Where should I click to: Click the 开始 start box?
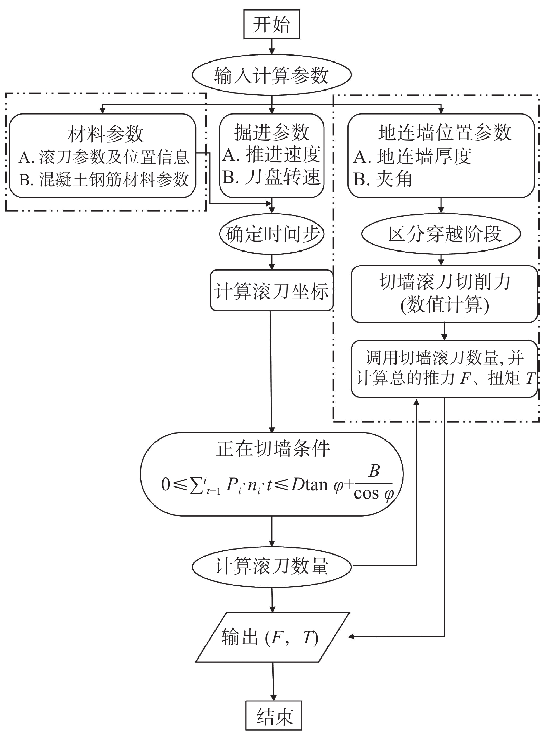[271, 24]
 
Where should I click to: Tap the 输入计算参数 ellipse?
[271, 75]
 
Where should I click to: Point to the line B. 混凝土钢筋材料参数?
[104, 180]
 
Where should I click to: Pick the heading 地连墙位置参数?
[445, 132]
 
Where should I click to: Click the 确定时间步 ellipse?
[271, 234]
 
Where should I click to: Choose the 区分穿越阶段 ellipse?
[441, 234]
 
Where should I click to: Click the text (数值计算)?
[445, 305]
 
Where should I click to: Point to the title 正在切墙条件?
[273, 449]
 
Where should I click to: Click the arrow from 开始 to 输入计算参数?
[272, 46]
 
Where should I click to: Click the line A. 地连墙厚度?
[413, 157]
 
